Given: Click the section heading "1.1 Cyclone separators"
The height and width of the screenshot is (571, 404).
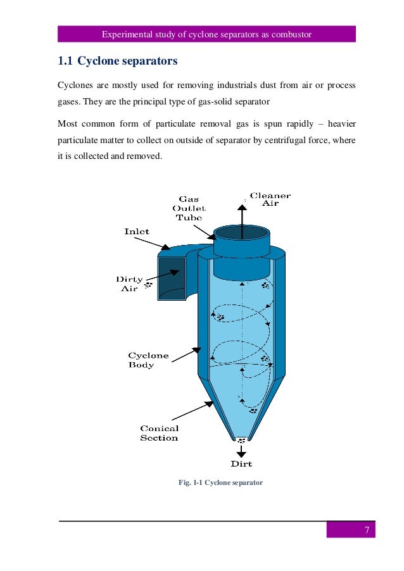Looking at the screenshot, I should (x=117, y=61).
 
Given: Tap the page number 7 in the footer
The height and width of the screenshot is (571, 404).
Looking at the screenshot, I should (x=366, y=530).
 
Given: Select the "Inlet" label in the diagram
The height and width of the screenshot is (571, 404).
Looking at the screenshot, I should (x=136, y=232).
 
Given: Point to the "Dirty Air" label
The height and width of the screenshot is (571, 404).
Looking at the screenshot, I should (x=129, y=284).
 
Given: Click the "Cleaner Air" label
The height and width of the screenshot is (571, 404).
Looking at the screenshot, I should (x=270, y=199).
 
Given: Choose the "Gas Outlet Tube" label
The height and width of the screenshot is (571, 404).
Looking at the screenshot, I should (x=189, y=208).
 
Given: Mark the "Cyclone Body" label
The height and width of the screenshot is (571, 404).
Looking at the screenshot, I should (x=148, y=360).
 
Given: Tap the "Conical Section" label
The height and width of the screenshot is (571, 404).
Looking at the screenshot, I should (x=159, y=433).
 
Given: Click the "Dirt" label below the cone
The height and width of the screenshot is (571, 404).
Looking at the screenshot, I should (x=241, y=463).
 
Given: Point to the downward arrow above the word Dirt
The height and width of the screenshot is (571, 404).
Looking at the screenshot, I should (x=241, y=451).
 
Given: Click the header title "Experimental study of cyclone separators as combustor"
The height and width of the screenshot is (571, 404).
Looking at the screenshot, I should (x=206, y=34).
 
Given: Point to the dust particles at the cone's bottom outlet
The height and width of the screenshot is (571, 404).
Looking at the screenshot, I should (x=241, y=440).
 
